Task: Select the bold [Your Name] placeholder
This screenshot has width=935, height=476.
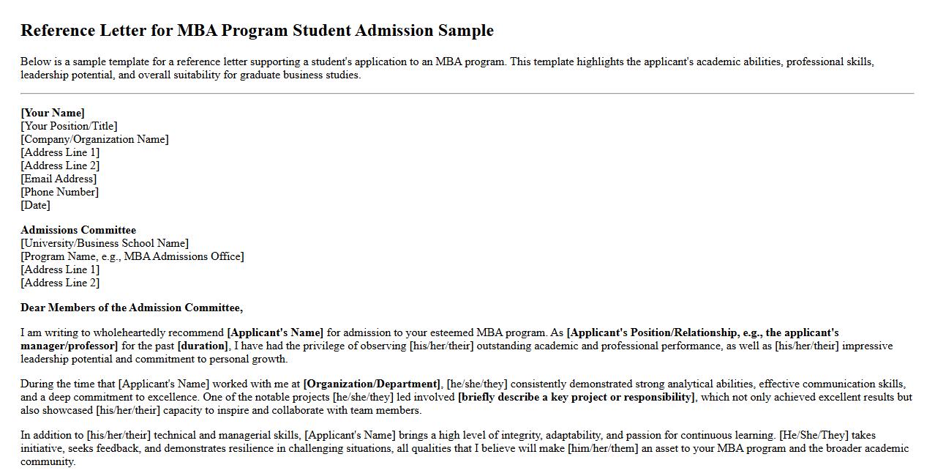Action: pos(53,113)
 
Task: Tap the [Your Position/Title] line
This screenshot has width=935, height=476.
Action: pos(69,126)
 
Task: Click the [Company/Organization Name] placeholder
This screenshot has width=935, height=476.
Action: pos(94,139)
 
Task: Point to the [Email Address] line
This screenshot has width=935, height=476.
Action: pos(59,179)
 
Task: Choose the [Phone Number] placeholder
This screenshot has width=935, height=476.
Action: pos(59,192)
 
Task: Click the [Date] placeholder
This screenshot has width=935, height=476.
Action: pos(35,205)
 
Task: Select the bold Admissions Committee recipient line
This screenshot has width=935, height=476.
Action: pos(78,230)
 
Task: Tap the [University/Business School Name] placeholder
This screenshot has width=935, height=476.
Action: pos(105,243)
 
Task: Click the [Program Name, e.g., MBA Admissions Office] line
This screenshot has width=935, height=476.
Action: pos(132,256)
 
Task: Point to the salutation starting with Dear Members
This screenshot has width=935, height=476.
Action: pos(132,308)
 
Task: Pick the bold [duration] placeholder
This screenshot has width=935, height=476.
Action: pos(203,346)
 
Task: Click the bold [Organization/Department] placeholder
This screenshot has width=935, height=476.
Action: pos(372,384)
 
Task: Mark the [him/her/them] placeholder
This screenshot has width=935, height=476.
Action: pos(603,448)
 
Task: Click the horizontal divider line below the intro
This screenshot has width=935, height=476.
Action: pos(467,94)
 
